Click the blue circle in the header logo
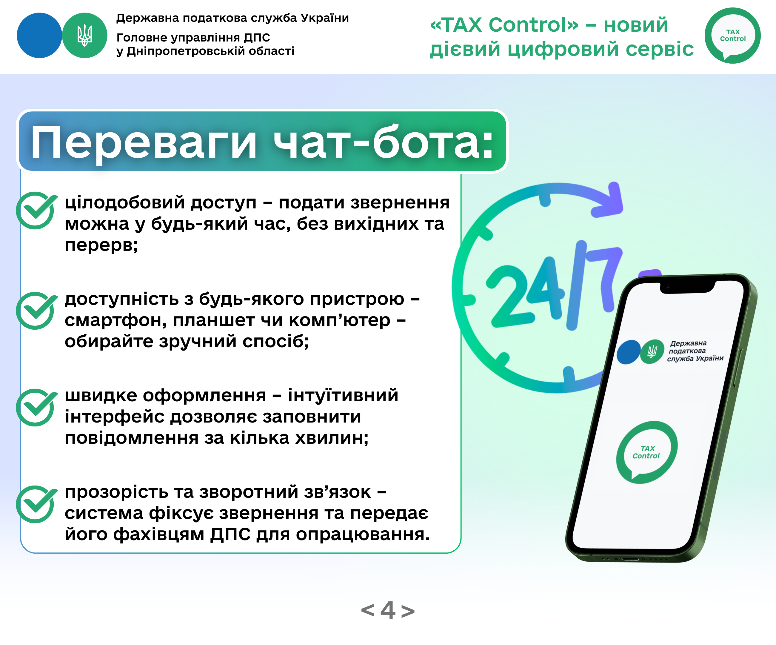pos(39,36)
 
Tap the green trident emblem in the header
pos(85,36)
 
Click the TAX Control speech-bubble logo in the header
pos(732,36)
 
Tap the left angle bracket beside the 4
pos(368,610)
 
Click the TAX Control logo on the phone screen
pos(647,452)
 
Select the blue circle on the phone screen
pos(629,352)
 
